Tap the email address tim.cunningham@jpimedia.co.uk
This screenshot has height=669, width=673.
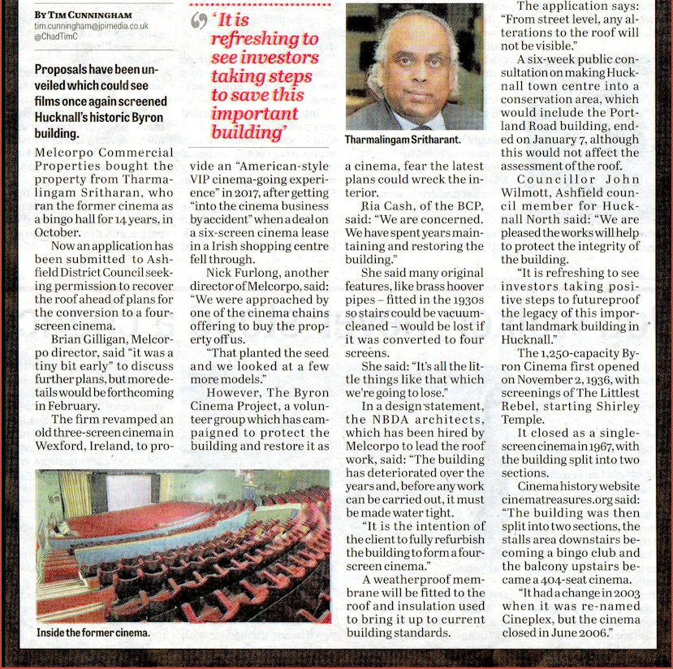[91, 27]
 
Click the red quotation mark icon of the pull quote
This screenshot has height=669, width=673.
[196, 23]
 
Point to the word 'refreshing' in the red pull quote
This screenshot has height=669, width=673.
[264, 40]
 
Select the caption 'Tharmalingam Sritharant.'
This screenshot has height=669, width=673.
[403, 140]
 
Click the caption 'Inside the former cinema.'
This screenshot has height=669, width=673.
[93, 631]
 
